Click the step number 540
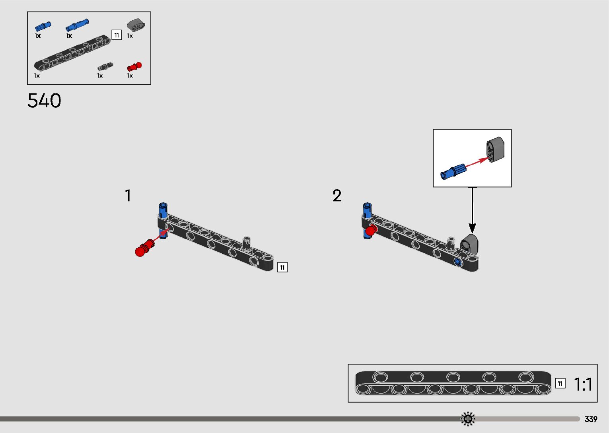[44, 101]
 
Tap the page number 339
[591, 419]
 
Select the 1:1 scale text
[583, 384]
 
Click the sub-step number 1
[128, 196]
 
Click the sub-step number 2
[337, 196]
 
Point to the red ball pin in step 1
[144, 248]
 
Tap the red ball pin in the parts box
[134, 67]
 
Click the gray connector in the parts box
[136, 25]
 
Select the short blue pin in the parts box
[43, 26]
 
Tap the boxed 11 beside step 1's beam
[282, 267]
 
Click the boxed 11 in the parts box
[117, 35]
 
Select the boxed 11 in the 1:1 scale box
[560, 383]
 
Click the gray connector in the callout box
[495, 150]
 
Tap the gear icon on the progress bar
[468, 419]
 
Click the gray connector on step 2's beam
[470, 243]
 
